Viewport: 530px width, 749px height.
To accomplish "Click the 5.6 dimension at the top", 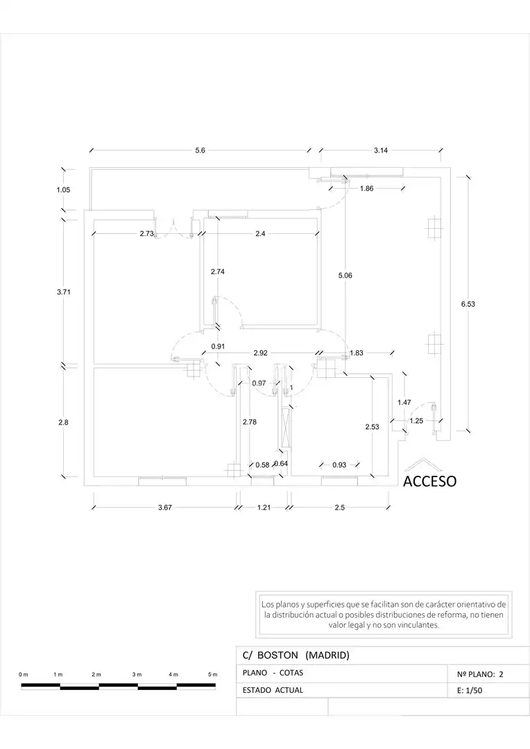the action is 200,150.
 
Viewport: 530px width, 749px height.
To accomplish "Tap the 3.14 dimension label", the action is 381,150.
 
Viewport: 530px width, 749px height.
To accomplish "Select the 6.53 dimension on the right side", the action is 468,304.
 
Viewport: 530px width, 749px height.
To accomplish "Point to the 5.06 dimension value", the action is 345,275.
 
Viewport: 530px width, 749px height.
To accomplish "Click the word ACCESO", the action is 429,481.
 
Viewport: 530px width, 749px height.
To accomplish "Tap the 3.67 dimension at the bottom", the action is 165,507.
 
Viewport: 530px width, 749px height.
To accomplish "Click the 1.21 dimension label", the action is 264,507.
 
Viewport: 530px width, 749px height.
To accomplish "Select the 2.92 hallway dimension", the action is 260,353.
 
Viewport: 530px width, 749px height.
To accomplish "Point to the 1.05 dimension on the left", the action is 63,189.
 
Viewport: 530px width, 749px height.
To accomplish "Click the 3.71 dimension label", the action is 64,292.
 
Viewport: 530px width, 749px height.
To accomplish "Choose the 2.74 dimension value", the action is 217,272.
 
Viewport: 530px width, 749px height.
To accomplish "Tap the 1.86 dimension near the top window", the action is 366,189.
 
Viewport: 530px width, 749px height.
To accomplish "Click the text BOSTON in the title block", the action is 277,655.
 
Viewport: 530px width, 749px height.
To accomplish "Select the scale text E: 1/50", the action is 470,690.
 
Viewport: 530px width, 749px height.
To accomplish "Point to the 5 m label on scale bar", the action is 213,675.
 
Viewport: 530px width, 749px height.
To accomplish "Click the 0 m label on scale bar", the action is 24,675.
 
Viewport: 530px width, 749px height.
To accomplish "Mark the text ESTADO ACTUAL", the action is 273,690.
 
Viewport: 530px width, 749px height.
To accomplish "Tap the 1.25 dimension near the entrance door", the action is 416,421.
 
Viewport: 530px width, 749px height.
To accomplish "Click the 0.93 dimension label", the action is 339,465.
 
